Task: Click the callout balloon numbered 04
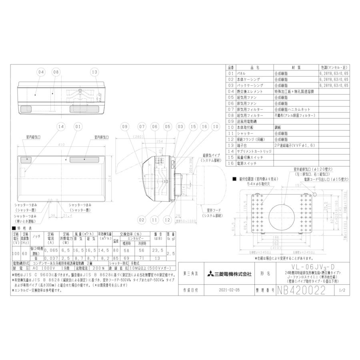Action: [x=41, y=72]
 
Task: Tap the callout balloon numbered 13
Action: [x=94, y=72]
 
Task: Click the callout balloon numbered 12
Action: [x=167, y=220]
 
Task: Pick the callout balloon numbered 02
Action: [x=141, y=220]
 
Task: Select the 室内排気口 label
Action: [x=102, y=137]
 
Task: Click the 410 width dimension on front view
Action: [x=61, y=144]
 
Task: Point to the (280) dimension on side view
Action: [x=139, y=136]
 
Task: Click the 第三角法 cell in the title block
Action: [x=189, y=274]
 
